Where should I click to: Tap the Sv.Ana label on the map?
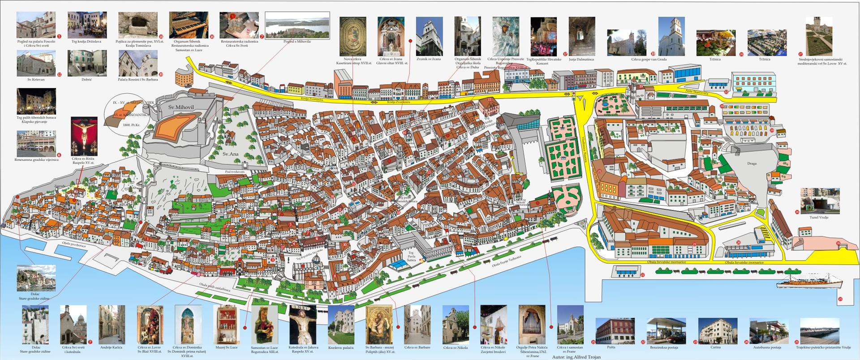pyautogui.click(x=231, y=154)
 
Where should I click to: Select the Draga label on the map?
pyautogui.click(x=752, y=163)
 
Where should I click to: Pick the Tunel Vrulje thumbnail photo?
pyautogui.click(x=820, y=201)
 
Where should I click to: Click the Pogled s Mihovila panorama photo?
pyautogui.click(x=297, y=26)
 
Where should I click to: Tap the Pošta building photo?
pyautogui.click(x=615, y=330)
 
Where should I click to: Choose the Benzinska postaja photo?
pyautogui.click(x=666, y=330)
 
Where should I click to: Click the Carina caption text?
pyautogui.click(x=716, y=347)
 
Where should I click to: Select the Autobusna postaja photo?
pyautogui.click(x=769, y=330)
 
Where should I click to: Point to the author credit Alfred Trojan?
pyautogui.click(x=576, y=357)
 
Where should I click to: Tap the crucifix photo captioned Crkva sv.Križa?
pyautogui.click(x=84, y=136)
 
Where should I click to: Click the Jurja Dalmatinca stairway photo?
pyautogui.click(x=582, y=36)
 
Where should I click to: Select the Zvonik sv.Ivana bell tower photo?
pyautogui.click(x=429, y=36)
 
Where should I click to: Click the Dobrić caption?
pyautogui.click(x=87, y=79)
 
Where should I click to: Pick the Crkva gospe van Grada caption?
pyautogui.click(x=649, y=59)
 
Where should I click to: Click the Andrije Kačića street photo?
pyautogui.click(x=112, y=325)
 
